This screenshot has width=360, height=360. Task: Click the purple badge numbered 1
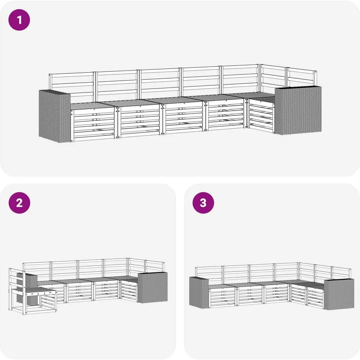pos(19,20)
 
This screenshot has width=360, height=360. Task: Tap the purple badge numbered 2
pos(19,202)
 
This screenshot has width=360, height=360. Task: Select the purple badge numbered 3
pos(203,202)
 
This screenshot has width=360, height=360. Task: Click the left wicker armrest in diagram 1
pos(55,116)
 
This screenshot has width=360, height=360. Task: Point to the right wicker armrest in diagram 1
pos(298,110)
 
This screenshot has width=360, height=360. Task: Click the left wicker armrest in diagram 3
pos(199,292)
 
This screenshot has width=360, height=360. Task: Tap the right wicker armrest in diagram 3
pos(339,294)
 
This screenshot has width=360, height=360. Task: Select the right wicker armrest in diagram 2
pos(153,287)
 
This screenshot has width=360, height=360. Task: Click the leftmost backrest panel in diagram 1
pos(71,87)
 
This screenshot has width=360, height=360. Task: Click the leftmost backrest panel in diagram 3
pos(209,274)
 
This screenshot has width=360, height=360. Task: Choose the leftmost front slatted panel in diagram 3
pos(223,296)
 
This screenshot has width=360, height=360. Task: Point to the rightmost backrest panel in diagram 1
pos(301,77)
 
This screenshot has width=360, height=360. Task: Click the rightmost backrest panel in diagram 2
pos(155,267)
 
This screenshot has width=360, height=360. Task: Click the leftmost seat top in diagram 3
pos(221,286)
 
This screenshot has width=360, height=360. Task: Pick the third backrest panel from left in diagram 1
pos(159,83)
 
